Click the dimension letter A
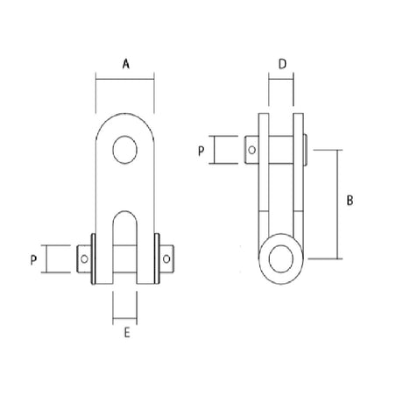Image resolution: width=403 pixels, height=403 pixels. pos(126,64)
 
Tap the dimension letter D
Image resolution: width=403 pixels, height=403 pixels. pos(282,64)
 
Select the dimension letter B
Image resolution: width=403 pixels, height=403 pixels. pos(350,201)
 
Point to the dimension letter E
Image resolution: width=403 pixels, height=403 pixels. pos(127,333)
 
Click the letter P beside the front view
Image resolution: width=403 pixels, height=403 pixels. pos(34,259)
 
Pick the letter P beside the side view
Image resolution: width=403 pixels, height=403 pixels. pos(201,152)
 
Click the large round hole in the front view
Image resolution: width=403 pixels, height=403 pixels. pos(124,150)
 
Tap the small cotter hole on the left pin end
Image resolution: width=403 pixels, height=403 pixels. pos(84,258)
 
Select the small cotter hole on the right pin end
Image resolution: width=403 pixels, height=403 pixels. pos(166,258)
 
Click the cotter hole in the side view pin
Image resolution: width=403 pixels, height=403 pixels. pos(252,150)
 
